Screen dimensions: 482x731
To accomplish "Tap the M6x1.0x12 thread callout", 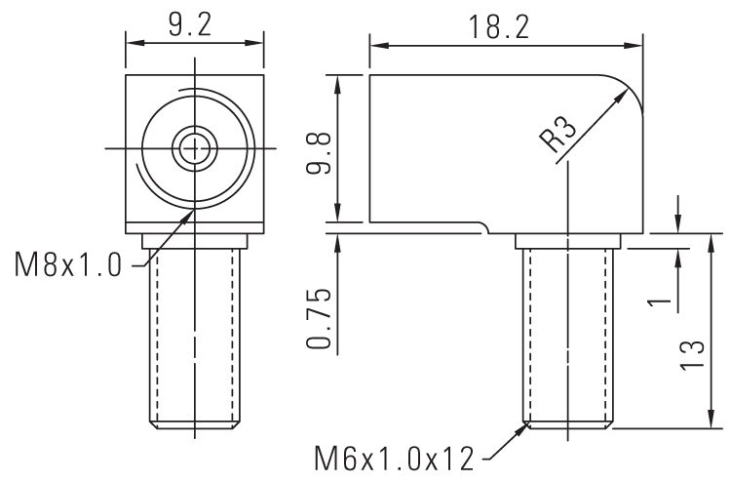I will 401,456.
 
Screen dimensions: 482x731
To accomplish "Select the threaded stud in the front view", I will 194,337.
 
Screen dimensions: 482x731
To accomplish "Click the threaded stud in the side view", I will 567,337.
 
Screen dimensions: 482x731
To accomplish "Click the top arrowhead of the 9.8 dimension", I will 337,81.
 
